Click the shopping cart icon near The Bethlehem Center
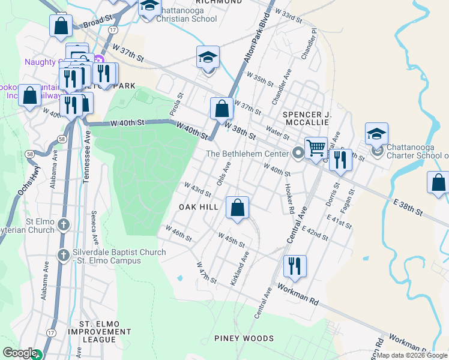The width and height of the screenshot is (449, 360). pos(316,147)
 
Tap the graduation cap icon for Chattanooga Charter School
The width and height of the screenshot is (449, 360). pos(376,134)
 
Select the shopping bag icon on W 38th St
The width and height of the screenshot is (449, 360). pos(221,109)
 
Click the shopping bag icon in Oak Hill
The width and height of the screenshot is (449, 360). pos(238,208)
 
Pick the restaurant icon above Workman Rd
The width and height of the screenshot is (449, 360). pos(294,265)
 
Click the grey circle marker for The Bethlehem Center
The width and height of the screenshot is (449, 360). pos(298,154)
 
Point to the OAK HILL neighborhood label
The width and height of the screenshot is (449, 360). pos(199,207)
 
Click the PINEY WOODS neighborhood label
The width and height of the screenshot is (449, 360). pos(244,338)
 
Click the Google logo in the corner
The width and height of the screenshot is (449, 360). pos(20,353)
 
